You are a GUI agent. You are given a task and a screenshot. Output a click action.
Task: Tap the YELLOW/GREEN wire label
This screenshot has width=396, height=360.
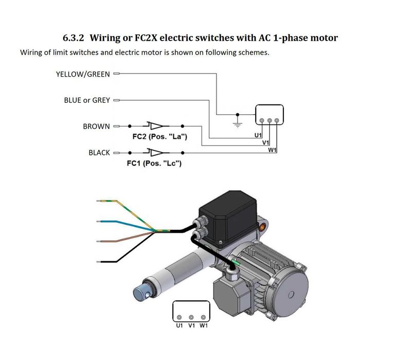point(83,74)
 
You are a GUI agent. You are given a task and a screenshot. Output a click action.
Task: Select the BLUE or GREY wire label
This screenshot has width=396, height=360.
point(87,100)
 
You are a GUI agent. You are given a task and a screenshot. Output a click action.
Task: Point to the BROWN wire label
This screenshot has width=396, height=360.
point(96,126)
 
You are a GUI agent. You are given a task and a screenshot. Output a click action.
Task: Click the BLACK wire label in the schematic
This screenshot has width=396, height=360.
point(99,153)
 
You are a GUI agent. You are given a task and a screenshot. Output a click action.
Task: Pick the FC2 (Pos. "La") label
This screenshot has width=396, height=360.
point(156,137)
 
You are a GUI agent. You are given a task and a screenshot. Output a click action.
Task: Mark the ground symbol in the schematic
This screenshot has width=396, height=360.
point(237,122)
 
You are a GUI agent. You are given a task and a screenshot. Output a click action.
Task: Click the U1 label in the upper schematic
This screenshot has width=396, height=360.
point(258,135)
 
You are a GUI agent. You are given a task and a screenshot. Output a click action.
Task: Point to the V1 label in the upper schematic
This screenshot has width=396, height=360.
point(266,142)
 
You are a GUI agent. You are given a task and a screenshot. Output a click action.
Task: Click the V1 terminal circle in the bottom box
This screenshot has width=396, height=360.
point(191,317)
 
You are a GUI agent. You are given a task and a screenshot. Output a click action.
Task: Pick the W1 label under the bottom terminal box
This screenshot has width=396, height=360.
point(203,326)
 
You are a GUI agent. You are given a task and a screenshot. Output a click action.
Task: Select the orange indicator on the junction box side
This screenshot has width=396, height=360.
point(265,226)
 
